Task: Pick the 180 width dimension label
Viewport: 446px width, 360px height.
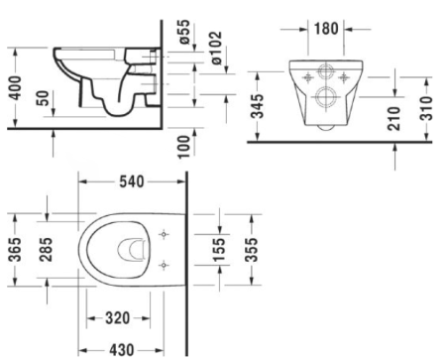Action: coord(326,27)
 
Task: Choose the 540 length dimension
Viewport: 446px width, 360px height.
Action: coord(131,181)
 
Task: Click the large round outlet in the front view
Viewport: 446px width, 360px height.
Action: coord(324,97)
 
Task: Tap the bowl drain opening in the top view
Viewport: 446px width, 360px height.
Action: coord(130,250)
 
